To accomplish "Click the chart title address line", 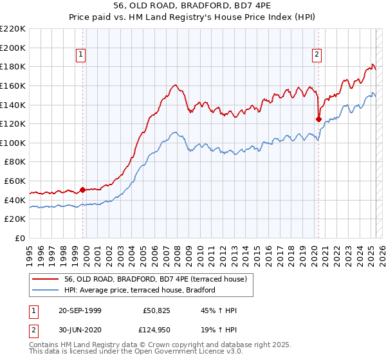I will [x=193, y=7].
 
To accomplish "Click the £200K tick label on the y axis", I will [x=13, y=48].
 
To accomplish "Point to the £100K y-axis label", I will [x=13, y=143].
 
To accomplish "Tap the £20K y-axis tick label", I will [x=15, y=219].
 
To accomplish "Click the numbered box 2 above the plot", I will [x=317, y=55].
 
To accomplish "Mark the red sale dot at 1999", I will [x=83, y=190].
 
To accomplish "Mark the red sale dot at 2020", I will [x=318, y=119].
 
